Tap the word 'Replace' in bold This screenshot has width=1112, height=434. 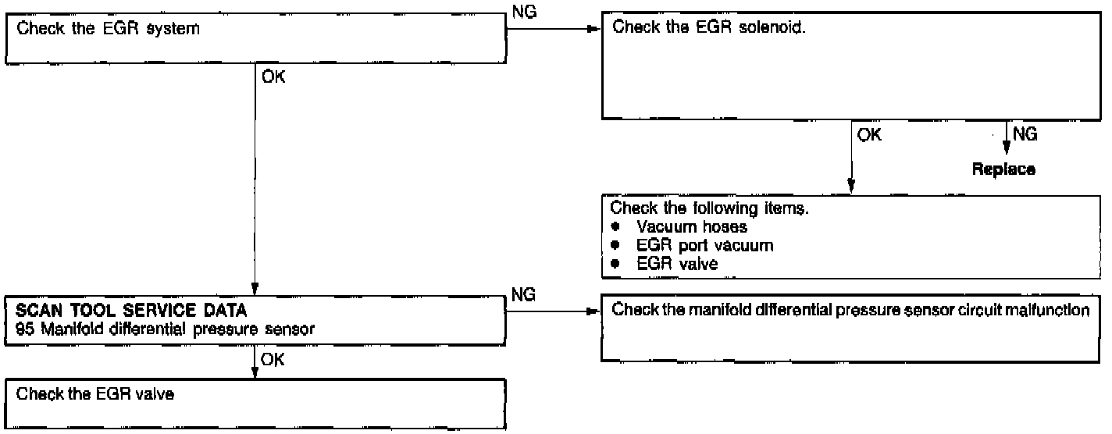coord(1003,169)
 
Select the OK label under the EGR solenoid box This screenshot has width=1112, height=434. coord(869,135)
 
